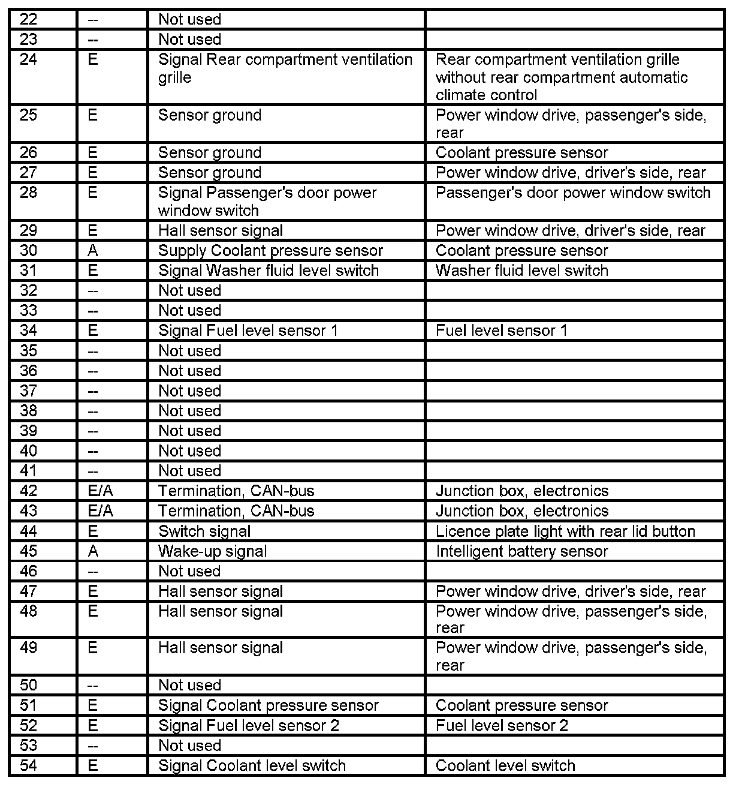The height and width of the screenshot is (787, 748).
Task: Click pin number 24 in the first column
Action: pos(28,59)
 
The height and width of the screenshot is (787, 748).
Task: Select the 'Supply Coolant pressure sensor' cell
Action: pos(270,251)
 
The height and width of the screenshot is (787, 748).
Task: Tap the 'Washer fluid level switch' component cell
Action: pos(521,271)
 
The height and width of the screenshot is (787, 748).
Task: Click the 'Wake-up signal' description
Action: pos(212,551)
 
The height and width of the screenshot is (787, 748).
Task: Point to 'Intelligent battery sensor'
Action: pos(521,551)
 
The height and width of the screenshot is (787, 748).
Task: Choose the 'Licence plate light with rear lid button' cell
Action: pos(565,531)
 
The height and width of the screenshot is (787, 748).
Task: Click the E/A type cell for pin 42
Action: pos(100,491)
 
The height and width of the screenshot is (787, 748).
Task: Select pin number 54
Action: pos(28,765)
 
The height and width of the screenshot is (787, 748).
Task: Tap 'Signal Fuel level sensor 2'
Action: pos(248,725)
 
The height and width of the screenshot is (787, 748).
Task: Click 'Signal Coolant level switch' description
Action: pos(252,765)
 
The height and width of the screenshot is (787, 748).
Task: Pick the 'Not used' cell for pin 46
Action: pos(189,571)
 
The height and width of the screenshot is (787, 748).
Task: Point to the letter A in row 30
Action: pos(92,251)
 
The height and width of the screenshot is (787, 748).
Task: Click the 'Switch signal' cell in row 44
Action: pos(204,531)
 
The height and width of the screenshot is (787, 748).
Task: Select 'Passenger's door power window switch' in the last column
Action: pos(573,193)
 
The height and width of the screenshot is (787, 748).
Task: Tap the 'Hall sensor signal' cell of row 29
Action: pos(221,231)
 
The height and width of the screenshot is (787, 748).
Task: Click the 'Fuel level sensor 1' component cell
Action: pos(501,331)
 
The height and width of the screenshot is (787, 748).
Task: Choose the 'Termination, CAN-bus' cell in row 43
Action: pos(236,511)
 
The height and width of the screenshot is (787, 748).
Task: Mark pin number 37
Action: pos(28,391)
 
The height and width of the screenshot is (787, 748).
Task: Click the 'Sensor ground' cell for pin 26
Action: pos(210,153)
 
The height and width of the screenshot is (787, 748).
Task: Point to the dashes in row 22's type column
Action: pos(92,20)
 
